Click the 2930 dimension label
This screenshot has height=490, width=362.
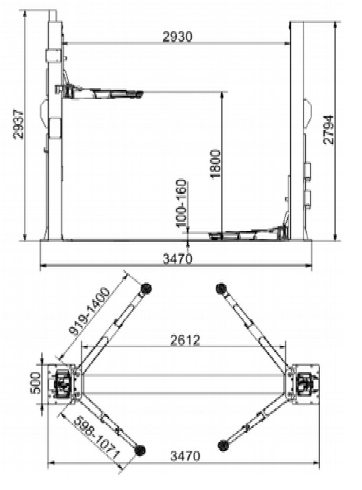(177, 37)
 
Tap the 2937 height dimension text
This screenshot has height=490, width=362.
(18, 124)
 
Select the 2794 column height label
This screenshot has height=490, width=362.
(328, 130)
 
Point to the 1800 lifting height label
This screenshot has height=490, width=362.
(215, 164)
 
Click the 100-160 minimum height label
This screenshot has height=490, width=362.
(181, 203)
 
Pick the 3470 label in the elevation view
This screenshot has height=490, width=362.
(177, 259)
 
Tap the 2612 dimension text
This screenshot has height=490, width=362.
(185, 340)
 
